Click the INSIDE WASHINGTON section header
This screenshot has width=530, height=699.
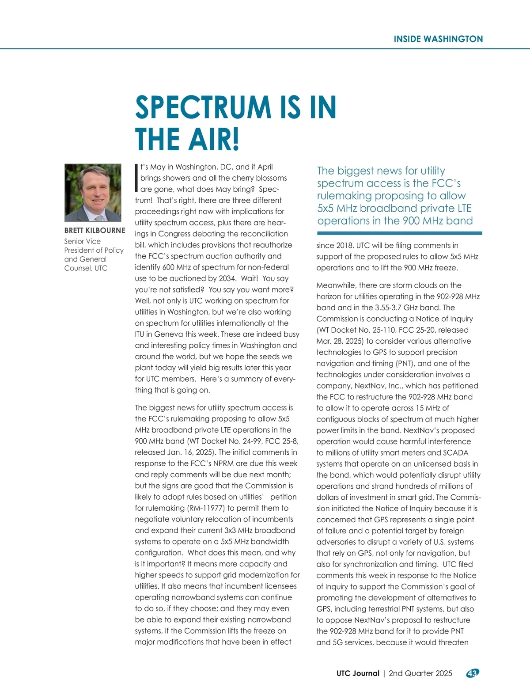pyautogui.click(x=438, y=39)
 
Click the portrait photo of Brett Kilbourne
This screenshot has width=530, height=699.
pyautogui.click(x=93, y=193)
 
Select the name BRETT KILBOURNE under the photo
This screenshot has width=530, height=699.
pyautogui.click(x=95, y=231)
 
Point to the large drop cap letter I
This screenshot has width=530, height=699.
pyautogui.click(x=136, y=178)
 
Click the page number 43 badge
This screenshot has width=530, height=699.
pyautogui.click(x=473, y=673)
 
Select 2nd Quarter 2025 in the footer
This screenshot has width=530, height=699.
pyautogui.click(x=420, y=673)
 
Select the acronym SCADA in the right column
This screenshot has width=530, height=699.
pyautogui.click(x=455, y=452)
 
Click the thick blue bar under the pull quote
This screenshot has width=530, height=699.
pyautogui.click(x=399, y=233)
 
